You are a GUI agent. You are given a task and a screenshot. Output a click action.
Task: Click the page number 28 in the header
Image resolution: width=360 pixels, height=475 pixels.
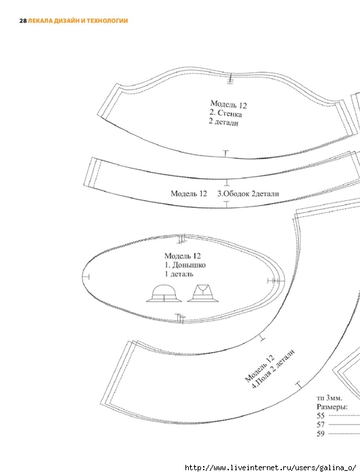pyautogui.click(x=23, y=21)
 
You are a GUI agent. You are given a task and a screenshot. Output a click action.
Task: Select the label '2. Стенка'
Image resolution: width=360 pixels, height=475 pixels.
pyautogui.click(x=226, y=113)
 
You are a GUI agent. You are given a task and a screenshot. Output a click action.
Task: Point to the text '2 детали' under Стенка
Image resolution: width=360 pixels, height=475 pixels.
pyautogui.click(x=223, y=122)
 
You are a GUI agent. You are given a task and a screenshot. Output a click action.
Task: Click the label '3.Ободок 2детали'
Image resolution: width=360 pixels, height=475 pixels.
pyautogui.click(x=248, y=194)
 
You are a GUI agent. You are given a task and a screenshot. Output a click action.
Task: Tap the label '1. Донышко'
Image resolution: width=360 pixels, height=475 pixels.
pyautogui.click(x=185, y=265)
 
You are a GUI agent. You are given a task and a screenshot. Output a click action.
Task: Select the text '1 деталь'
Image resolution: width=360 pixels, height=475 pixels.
pyautogui.click(x=179, y=274)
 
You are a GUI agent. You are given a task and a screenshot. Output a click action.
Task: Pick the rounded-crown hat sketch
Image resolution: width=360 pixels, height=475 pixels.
pyautogui.click(x=164, y=294)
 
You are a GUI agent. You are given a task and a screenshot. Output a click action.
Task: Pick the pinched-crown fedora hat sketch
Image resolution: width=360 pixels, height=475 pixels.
pyautogui.click(x=203, y=294)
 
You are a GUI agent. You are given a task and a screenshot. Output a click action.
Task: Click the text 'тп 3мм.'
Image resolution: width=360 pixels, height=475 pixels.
pyautogui.click(x=329, y=398)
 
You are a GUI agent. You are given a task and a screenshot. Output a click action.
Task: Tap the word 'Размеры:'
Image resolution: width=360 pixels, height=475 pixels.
pyautogui.click(x=332, y=407)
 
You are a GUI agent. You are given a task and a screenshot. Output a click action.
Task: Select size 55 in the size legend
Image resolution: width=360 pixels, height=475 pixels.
pyautogui.click(x=321, y=416)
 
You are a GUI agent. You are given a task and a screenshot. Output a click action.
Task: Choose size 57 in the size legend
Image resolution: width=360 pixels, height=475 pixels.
pyautogui.click(x=321, y=425)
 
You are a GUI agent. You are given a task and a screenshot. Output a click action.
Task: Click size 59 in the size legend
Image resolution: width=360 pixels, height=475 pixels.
pyautogui.click(x=321, y=434)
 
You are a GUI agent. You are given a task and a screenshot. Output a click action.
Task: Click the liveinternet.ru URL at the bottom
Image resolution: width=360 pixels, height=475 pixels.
pyautogui.click(x=270, y=468)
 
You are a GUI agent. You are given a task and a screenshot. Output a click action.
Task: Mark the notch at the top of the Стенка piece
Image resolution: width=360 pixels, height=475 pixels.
pyautogui.click(x=230, y=78)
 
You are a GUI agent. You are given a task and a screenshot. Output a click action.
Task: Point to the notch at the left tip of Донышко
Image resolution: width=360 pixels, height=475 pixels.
pyautogui.click(x=86, y=277)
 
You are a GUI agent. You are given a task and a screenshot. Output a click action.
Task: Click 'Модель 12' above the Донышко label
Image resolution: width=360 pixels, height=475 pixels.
pyautogui.click(x=183, y=256)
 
